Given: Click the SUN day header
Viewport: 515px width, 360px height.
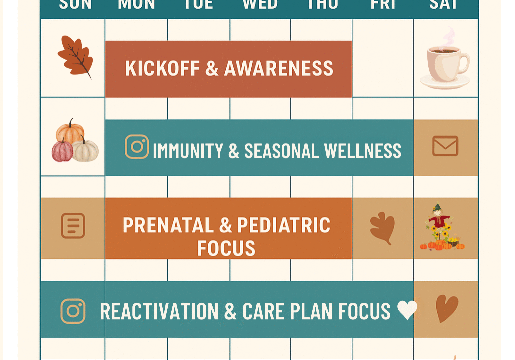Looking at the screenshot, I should tap(75, 5).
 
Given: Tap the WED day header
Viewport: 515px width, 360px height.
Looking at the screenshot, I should tap(260, 5).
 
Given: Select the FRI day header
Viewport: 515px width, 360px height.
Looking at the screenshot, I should tap(383, 5).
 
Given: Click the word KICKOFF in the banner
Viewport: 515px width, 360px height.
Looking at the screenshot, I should tap(162, 69).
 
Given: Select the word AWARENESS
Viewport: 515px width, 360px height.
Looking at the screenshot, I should tap(279, 69).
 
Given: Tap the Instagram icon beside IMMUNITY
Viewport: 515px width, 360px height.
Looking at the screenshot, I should tap(137, 147).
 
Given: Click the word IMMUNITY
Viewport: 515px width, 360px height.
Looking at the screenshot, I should tap(188, 151).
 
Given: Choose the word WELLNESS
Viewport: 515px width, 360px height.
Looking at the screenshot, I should tap(363, 151).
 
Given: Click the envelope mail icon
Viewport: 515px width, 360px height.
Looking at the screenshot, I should tap(445, 146).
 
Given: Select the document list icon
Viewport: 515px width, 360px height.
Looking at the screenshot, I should tap(73, 225).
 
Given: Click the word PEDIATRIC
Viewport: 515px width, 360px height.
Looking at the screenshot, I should tap(284, 225).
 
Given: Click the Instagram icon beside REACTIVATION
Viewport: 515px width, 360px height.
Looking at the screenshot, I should tap(73, 311).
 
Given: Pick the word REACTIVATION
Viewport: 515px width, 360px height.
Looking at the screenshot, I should tap(159, 312).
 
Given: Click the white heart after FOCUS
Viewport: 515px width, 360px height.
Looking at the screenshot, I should tap(407, 309).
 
